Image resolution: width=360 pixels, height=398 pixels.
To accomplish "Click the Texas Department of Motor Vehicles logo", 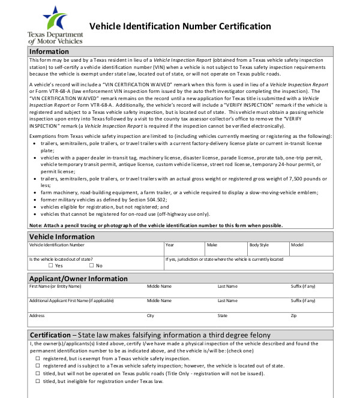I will coord(55,25).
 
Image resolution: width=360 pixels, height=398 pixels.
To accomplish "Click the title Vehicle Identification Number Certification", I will coord(180,26).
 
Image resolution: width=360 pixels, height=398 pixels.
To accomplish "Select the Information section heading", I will coord(49,52).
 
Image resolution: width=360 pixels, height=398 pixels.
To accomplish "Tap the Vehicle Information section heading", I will coord(62,236).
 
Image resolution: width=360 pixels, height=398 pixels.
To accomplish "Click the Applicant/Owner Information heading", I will coord(79,279).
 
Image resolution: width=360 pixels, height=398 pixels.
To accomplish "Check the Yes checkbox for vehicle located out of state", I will coord(51,266).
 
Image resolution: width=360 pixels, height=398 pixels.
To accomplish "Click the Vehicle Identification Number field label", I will coord(57,245).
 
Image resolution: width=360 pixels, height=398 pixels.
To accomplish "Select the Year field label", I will coord(170,245).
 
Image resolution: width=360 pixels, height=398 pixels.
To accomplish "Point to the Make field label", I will coord(212,245).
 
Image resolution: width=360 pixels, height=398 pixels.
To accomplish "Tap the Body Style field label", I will coord(259,245).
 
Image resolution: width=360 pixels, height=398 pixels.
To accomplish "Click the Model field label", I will coord(297,245).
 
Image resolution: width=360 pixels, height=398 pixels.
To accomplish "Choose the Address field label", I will coord(37,315).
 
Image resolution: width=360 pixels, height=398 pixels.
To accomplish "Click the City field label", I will coord(151,315).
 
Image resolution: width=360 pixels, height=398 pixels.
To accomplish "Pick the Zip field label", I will coord(293,315).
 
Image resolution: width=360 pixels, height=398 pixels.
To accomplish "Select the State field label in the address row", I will coord(223,315).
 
